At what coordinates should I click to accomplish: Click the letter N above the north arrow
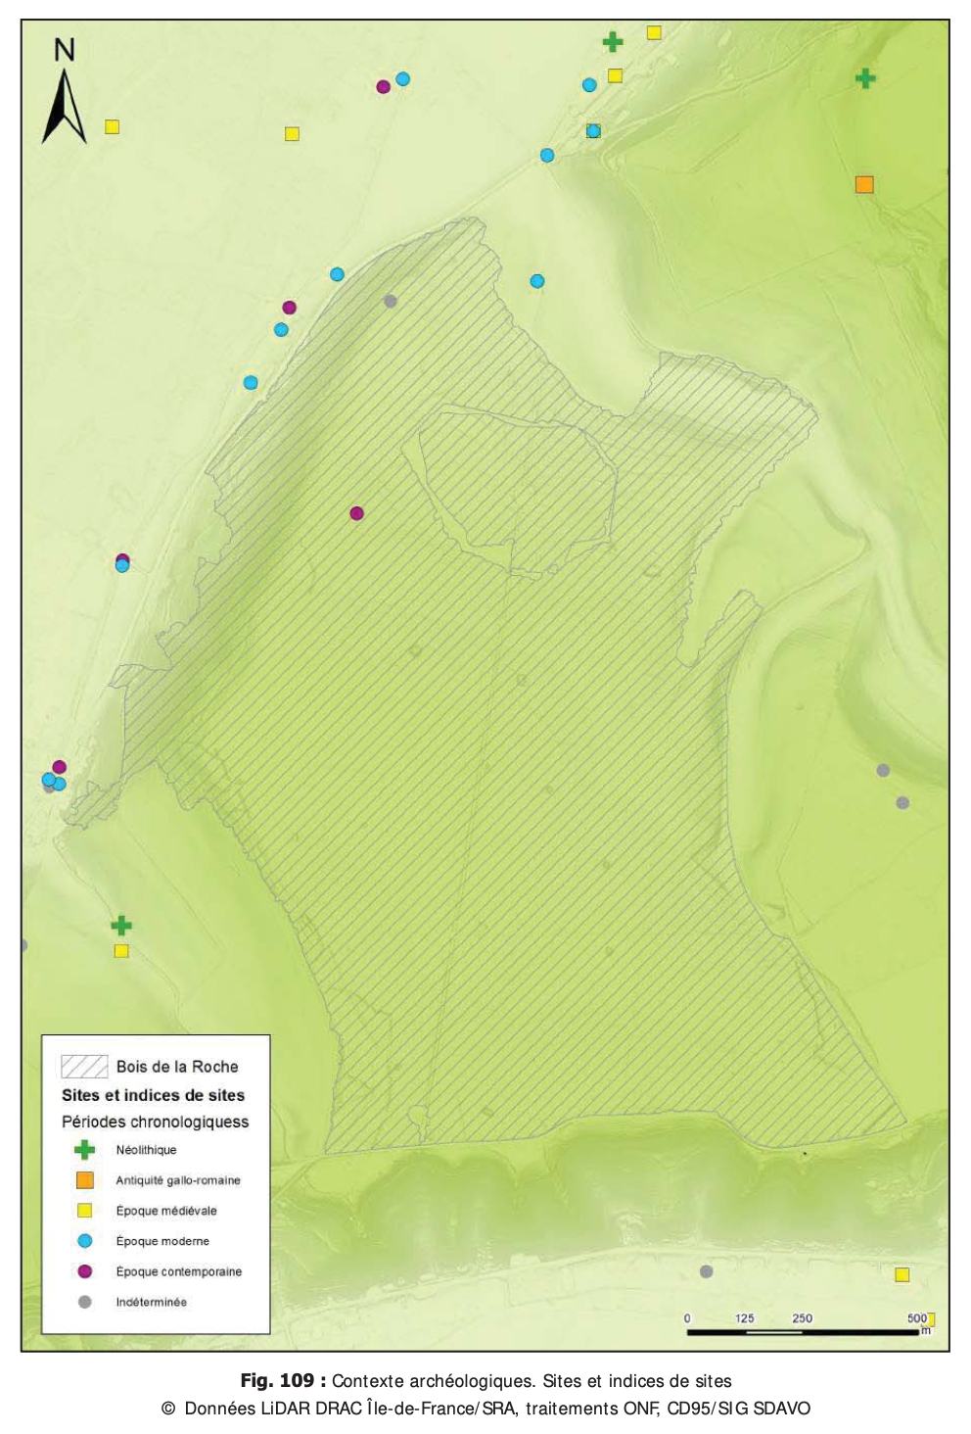tap(65, 50)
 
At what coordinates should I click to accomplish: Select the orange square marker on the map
tap(864, 184)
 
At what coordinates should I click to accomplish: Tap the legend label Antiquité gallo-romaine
tap(178, 1180)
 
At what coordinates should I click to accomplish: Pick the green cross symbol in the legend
tap(85, 1150)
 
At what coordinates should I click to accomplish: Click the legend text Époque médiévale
tap(166, 1211)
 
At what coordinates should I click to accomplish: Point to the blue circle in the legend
tap(85, 1241)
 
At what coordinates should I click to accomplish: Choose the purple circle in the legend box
tap(85, 1271)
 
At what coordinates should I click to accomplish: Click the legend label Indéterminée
tap(151, 1302)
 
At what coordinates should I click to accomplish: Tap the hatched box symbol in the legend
tap(84, 1067)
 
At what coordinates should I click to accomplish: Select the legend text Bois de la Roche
tap(177, 1067)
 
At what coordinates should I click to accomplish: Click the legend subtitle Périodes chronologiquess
tap(156, 1122)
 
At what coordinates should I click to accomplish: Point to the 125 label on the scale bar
tap(745, 1318)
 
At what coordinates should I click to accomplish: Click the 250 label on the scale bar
tap(803, 1318)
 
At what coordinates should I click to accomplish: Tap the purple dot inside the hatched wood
tap(356, 513)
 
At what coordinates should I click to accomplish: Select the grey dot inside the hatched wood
tap(391, 301)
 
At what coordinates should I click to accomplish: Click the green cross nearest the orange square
tap(864, 78)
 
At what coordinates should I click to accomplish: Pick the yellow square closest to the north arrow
tap(113, 126)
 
